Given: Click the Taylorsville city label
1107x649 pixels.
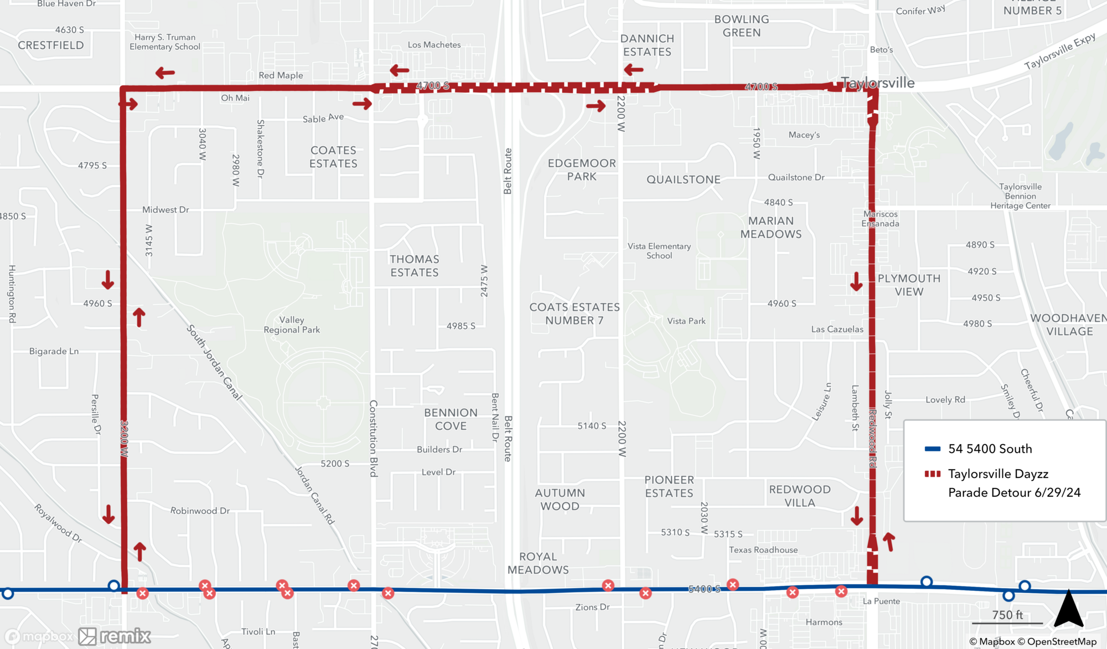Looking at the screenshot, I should coord(878,83).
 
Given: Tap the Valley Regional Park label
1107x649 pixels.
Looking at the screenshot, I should coord(292,325).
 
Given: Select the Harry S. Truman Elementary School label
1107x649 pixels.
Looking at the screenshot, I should coord(165,42).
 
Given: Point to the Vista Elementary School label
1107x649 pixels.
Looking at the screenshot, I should coord(659,251).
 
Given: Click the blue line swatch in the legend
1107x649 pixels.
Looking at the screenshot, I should coord(933,449).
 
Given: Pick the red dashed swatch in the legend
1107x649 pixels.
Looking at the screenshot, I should coord(933,474).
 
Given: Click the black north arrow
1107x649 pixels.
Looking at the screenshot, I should coord(1068,609).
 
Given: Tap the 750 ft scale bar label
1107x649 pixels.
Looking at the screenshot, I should coord(1007,615).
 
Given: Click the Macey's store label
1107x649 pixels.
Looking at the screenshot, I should coord(804,135).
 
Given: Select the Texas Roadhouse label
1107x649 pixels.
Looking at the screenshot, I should coord(763,550).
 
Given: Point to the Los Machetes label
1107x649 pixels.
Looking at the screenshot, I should coord(434,45).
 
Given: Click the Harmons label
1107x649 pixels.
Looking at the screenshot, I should coord(824,622).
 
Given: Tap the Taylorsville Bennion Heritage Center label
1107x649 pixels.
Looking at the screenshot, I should coord(1020,196).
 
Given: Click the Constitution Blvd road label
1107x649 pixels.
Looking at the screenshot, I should coord(374,438).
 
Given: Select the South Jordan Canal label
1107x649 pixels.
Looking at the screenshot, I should coord(214,363).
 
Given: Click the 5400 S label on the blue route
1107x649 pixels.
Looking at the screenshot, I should coord(704,589).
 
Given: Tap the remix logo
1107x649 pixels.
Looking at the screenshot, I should coord(115,636).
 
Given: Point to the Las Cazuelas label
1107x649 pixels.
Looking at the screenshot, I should coord(837,329).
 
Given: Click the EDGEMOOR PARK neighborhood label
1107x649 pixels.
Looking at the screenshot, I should coord(582,170).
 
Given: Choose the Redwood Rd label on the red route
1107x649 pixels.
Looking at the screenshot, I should coord(872,438).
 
